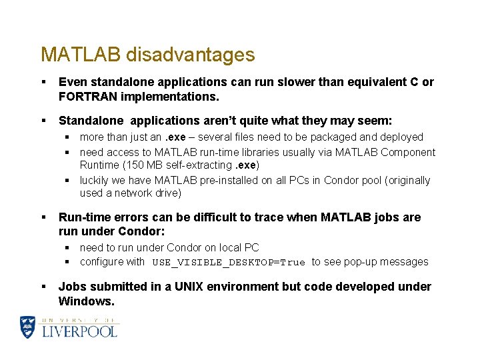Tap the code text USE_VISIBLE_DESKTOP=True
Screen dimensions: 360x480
coord(229,263)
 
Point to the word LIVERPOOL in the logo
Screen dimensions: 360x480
coord(80,331)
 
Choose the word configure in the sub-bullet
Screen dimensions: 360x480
coord(101,262)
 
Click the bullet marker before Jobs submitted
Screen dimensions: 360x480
coord(43,287)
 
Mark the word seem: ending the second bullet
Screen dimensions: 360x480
coord(375,121)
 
